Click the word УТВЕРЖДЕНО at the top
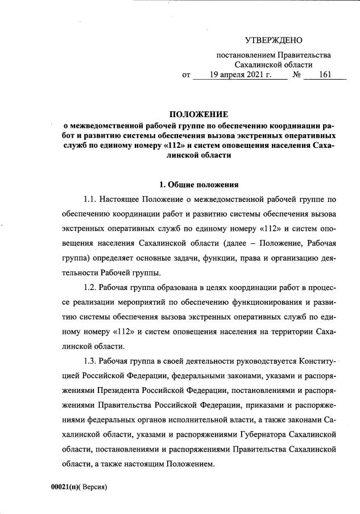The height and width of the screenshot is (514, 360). (274, 40)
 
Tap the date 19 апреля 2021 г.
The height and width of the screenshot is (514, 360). (239, 74)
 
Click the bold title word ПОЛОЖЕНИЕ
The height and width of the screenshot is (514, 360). (198, 114)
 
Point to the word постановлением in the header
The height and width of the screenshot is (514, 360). (246, 55)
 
